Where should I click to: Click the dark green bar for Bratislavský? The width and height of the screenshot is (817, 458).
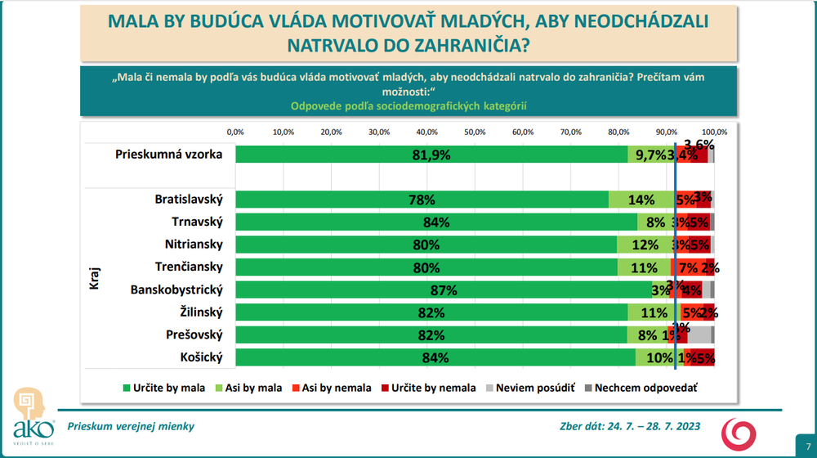[x=422, y=200]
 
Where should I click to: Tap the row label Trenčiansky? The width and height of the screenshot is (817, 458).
[x=189, y=267]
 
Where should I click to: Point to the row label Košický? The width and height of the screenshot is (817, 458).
[x=200, y=357]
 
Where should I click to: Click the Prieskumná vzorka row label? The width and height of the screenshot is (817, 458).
[x=169, y=154]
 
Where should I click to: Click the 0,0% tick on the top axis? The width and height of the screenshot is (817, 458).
[x=235, y=132]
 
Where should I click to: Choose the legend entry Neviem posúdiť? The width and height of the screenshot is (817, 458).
[x=530, y=388]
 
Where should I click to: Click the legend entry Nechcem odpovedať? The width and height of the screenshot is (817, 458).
[x=641, y=388]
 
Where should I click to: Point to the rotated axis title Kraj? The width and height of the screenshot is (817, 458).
[x=94, y=278]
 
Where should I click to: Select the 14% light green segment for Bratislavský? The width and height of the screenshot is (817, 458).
[x=641, y=200]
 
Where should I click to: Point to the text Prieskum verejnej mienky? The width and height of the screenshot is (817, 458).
[x=131, y=426]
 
